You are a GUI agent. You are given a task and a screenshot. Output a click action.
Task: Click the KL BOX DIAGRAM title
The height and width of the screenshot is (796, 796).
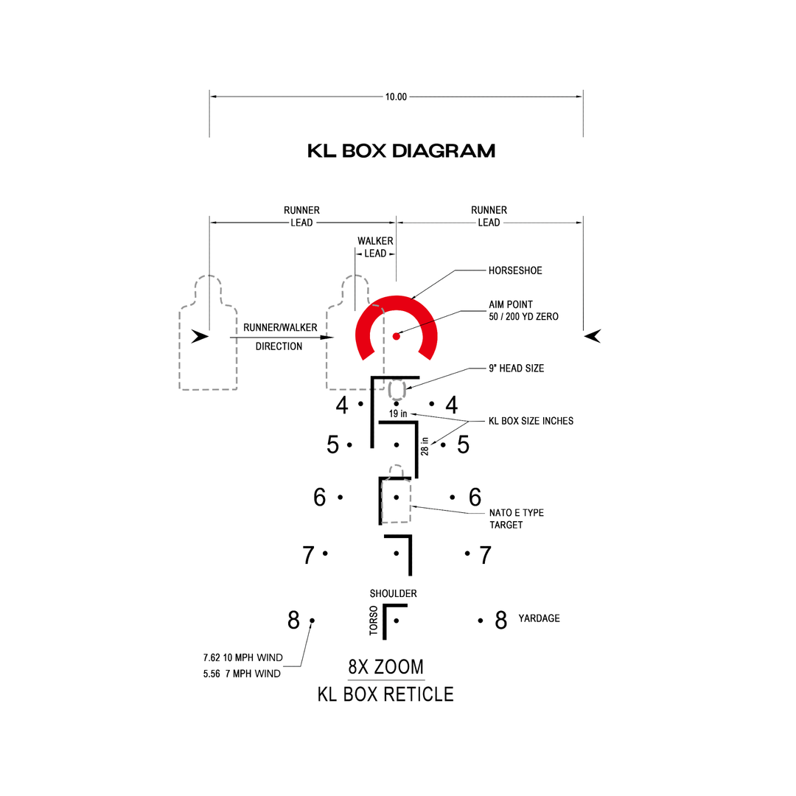point(401,151)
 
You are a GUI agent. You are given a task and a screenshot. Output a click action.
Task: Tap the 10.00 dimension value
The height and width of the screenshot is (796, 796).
point(396,97)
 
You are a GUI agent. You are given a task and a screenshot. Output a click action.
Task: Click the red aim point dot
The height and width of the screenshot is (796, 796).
point(397,337)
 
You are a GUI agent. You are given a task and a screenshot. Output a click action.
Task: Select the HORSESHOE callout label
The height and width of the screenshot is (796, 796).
point(514,270)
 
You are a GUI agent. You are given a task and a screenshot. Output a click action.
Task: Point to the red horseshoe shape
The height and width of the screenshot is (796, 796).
point(397,302)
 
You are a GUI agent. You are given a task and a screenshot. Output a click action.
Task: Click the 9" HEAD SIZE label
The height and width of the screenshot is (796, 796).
point(516,368)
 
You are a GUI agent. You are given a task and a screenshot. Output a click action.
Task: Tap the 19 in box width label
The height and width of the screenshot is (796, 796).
point(398,413)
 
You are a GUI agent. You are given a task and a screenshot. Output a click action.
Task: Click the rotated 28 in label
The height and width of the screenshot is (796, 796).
point(425,445)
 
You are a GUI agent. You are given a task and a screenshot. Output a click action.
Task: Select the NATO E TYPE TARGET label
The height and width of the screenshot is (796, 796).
point(517,519)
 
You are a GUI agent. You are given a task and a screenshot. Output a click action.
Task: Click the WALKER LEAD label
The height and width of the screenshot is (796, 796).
point(375,248)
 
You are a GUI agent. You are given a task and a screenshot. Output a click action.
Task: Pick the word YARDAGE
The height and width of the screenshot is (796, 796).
point(539,618)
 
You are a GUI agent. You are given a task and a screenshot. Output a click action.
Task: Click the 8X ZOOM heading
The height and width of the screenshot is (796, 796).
point(385,668)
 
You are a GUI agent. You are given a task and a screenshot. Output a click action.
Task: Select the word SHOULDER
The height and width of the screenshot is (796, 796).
point(394,593)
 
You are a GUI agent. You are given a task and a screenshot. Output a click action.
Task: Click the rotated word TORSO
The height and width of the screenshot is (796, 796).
point(374,621)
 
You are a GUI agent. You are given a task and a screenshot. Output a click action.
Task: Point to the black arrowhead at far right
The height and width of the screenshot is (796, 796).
point(593,337)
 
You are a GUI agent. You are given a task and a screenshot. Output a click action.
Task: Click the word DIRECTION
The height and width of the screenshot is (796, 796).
point(279,346)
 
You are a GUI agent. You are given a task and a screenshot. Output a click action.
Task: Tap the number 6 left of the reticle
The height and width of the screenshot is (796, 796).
point(319,497)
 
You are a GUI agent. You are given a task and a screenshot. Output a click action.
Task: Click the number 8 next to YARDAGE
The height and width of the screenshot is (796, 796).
point(501,621)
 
